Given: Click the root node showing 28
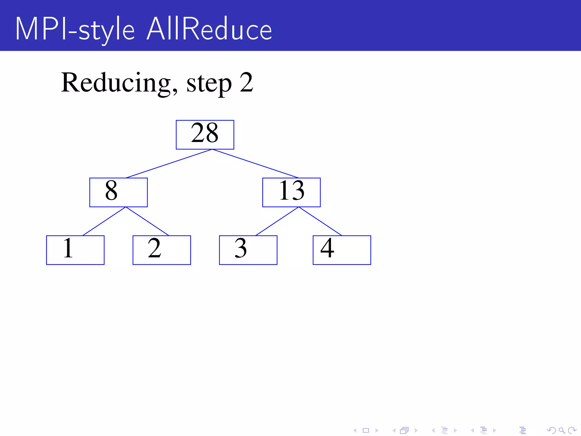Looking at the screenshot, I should pos(205,135).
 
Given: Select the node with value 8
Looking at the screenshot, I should pos(118,192).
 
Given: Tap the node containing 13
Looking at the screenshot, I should pos(291,192).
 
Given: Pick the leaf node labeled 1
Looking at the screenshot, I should pos(75,250).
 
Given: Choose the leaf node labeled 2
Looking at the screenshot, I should pos(162,250).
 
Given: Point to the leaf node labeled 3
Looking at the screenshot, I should pos(248,250).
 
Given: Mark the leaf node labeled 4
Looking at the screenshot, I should pos(342,250).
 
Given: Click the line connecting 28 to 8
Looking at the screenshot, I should pos(169,163).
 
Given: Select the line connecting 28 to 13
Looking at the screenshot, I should pos(255,163).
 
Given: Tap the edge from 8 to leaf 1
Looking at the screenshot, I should pos(104,221).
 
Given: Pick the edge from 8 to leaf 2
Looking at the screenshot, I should pos(147,221).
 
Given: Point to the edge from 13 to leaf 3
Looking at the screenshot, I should pos(277,221).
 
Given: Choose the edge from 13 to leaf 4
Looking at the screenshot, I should pos(320,221).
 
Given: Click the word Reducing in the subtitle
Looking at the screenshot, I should pos(119,83).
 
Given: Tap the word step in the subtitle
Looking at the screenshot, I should pos(209,83).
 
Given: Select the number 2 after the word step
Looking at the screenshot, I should pos(246,82).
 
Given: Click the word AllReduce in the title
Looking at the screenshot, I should pos(209,29).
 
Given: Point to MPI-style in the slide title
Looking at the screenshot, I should pos(75,30).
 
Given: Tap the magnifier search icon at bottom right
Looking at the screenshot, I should pos(562,430).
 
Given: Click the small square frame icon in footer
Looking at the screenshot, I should pos(366,430).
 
